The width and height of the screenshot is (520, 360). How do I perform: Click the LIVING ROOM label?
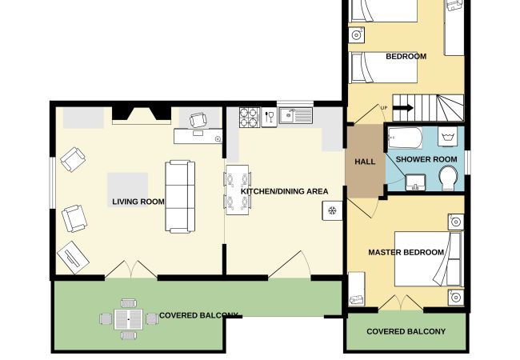(138, 202)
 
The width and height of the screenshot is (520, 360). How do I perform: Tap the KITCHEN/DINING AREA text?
(284, 191)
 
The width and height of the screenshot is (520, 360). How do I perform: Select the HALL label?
(365, 162)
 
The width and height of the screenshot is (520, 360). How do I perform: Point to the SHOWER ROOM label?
(426, 159)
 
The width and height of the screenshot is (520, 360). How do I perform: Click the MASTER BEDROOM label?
(406, 252)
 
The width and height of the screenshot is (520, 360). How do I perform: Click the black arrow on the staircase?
(403, 108)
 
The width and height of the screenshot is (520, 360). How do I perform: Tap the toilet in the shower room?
(448, 178)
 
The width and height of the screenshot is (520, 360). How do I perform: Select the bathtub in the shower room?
(405, 138)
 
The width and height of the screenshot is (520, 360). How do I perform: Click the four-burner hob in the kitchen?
(250, 118)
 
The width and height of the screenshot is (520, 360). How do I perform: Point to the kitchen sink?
(295, 116)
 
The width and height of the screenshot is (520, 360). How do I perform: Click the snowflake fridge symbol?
(332, 210)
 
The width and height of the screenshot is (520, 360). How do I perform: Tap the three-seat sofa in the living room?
(180, 197)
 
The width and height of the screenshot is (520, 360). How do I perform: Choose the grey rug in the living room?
(127, 190)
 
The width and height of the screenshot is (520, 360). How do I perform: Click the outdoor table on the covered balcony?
(129, 319)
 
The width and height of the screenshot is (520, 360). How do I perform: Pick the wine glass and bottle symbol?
(269, 118)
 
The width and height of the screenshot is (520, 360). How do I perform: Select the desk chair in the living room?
(198, 120)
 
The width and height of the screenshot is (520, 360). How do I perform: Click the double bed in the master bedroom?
(428, 259)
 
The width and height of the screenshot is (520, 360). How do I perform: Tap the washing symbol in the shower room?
(447, 136)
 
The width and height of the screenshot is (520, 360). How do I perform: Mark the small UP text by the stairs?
(384, 108)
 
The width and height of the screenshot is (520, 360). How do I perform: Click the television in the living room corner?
(73, 258)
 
